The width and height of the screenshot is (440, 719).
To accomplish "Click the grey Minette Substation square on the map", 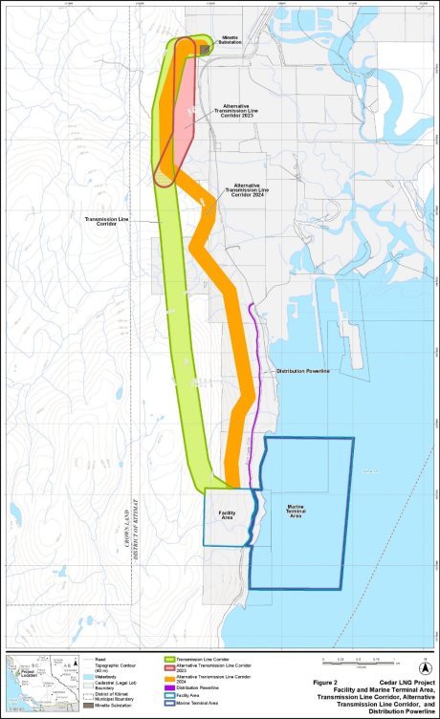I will click(204, 48).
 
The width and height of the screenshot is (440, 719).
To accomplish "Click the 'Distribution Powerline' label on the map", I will click(303, 370).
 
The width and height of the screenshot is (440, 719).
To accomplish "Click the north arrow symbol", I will click(427, 667).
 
